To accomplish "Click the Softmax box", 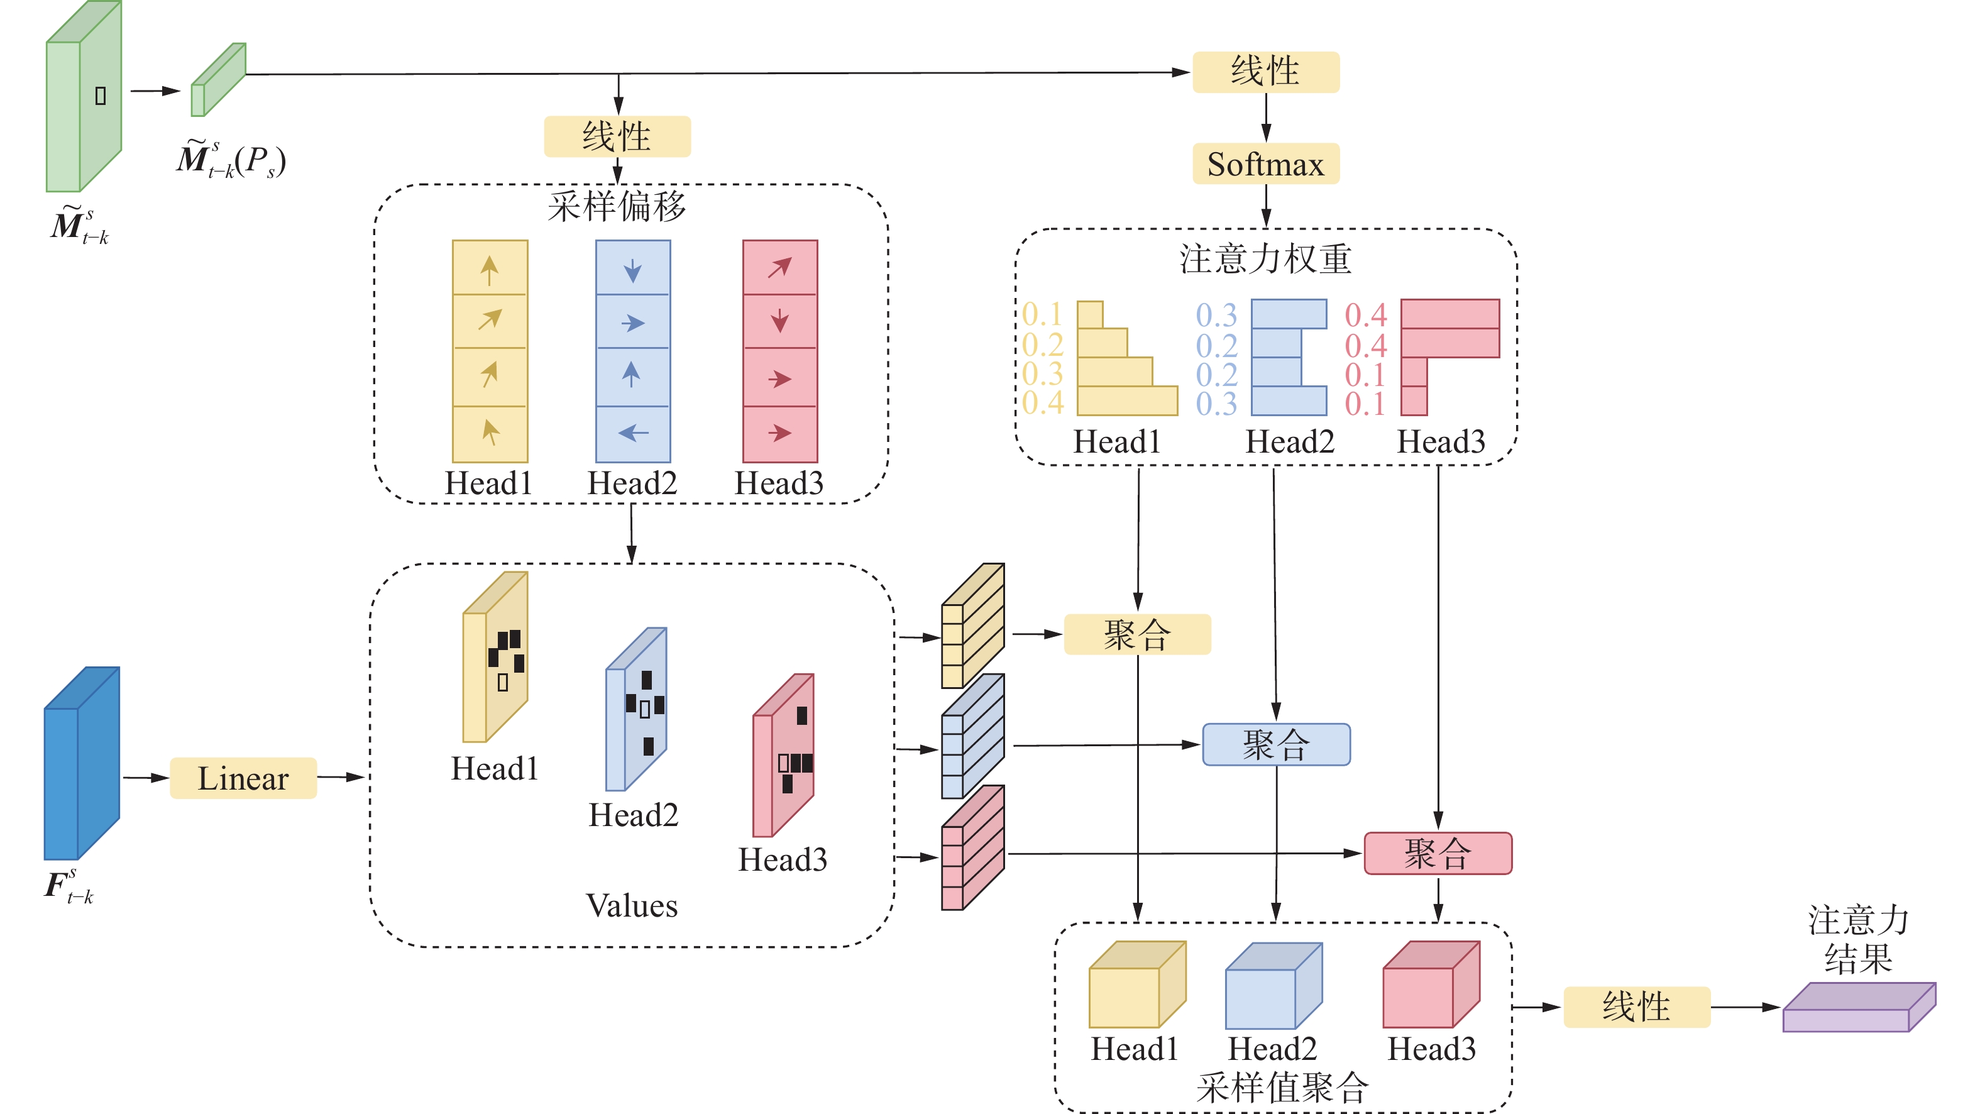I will coord(1265,163).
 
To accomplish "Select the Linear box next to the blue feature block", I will coord(243,778).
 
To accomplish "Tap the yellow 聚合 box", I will coord(1137,634).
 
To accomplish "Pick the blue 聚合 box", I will coord(1276,744).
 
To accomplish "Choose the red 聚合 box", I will coord(1438,853).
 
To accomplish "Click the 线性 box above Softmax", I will coord(1265,72).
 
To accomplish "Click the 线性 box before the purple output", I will coord(1636,1006).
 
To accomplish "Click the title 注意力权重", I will coord(1265,259).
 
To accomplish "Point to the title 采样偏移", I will coord(617,206).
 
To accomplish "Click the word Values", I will coord(632,906).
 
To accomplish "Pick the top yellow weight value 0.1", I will coord(1042,314).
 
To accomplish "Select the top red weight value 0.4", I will coord(1365,314).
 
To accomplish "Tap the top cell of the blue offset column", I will coord(632,268).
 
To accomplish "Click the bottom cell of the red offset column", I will coord(779,434).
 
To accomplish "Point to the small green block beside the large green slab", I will coord(217,80).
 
